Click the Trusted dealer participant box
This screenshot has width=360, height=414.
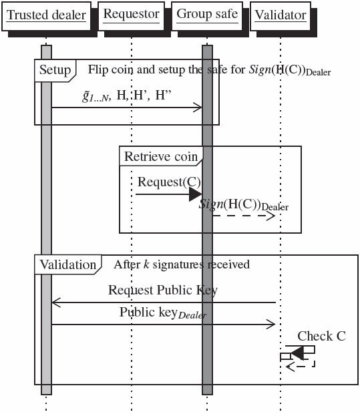point(46,15)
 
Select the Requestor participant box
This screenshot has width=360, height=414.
point(132,14)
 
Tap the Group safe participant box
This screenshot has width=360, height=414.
point(206,14)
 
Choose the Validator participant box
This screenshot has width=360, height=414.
point(281,15)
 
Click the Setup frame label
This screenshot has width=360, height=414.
point(54,70)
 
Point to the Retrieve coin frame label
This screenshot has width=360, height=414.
point(160,157)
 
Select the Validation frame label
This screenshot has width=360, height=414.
point(67,264)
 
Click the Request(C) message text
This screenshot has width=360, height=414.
point(169,182)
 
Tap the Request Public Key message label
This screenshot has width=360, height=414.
point(162,290)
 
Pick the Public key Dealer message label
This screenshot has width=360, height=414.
point(163,313)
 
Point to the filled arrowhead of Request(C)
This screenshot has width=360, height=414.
point(196,194)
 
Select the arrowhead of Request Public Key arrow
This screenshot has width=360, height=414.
point(55,302)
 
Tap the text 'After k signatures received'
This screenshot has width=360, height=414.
point(181,264)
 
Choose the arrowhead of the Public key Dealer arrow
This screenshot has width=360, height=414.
point(272,325)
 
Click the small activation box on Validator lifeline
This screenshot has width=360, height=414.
point(285,357)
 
